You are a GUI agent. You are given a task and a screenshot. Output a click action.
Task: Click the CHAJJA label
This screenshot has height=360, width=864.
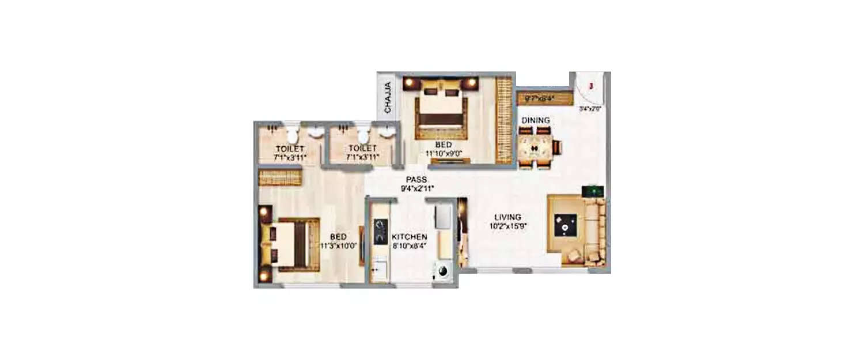(388, 97)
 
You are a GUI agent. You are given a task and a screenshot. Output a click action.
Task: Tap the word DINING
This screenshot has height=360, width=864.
(536, 120)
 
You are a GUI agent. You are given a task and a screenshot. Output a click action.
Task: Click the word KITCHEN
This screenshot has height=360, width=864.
(410, 237)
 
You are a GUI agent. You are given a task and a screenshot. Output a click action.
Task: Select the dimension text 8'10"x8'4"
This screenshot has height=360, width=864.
(410, 246)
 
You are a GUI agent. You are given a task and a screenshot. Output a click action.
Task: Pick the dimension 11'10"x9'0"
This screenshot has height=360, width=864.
(443, 153)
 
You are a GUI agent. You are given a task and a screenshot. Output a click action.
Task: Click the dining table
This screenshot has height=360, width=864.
(535, 149)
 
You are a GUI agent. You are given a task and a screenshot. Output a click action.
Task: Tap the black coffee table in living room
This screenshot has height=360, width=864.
(565, 226)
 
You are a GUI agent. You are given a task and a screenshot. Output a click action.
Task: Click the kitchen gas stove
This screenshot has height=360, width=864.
(380, 232)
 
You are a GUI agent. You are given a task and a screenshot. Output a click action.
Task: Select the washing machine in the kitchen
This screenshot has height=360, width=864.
(442, 271)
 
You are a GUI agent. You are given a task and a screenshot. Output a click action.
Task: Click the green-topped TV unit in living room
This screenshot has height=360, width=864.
(592, 191)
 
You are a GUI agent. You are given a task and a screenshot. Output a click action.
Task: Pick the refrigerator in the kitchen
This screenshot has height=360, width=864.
(442, 217)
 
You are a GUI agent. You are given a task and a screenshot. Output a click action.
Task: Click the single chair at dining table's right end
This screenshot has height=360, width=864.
(557, 148)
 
